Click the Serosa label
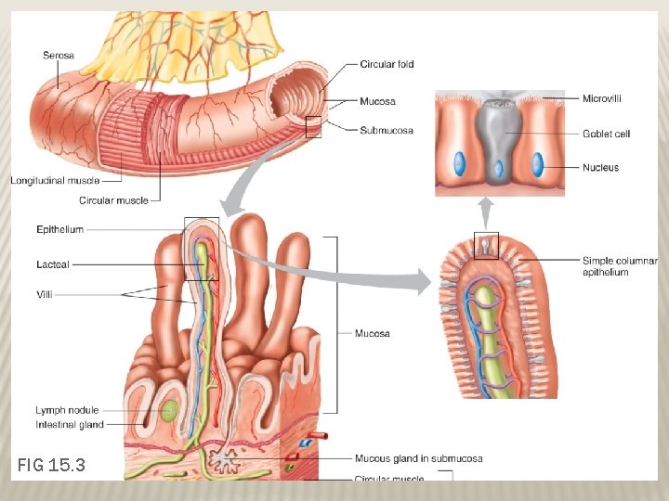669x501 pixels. click(x=59, y=56)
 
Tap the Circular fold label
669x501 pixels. click(x=387, y=64)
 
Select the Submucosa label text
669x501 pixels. click(x=387, y=131)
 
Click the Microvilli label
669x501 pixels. click(x=601, y=97)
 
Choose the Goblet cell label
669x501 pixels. click(x=606, y=134)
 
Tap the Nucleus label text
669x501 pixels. click(x=600, y=168)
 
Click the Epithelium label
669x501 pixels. click(x=60, y=229)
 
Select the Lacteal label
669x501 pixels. click(x=53, y=264)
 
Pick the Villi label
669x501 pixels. click(x=46, y=294)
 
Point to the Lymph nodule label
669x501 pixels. click(x=67, y=410)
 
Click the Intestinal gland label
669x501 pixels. click(x=70, y=424)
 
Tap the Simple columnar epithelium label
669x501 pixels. click(x=619, y=266)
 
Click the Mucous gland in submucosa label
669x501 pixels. click(x=418, y=458)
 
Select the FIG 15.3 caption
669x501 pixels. click(x=52, y=464)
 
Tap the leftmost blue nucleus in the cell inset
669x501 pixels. click(x=459, y=164)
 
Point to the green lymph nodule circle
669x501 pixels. click(x=168, y=410)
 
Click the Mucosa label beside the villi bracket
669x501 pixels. click(x=372, y=333)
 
